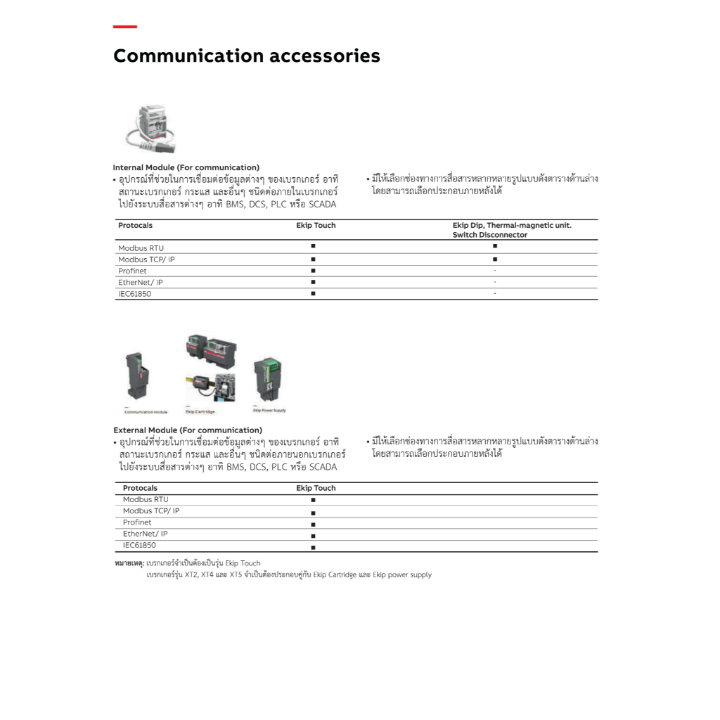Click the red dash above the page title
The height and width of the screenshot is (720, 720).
(x=125, y=27)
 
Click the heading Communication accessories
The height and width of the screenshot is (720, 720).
(x=246, y=56)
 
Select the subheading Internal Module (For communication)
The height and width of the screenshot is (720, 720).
(x=186, y=167)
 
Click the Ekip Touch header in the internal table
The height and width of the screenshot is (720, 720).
(x=316, y=226)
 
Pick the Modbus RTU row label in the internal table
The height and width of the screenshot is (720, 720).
(x=141, y=248)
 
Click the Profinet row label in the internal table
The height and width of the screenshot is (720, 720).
(x=132, y=271)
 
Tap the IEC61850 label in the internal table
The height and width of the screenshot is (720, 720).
(x=134, y=294)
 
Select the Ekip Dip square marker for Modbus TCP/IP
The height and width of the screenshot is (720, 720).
(x=495, y=259)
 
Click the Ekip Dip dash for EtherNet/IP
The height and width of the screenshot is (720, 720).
(x=495, y=282)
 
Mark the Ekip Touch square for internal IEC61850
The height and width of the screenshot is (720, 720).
(x=313, y=293)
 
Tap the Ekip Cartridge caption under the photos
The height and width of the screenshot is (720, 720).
(x=200, y=411)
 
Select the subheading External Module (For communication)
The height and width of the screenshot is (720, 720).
(x=187, y=430)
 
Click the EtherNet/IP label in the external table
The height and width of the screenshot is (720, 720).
(x=145, y=534)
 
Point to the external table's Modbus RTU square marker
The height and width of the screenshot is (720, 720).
(x=313, y=500)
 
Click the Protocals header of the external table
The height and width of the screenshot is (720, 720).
(x=140, y=488)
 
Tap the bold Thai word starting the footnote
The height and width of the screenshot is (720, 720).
(x=129, y=563)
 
